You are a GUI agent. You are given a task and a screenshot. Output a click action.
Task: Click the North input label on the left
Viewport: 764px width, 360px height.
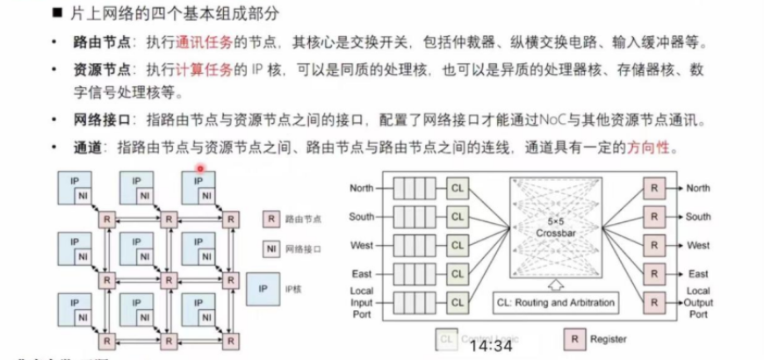pyautogui.click(x=361, y=187)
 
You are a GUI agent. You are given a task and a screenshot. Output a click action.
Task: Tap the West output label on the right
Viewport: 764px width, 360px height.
pyautogui.click(x=698, y=245)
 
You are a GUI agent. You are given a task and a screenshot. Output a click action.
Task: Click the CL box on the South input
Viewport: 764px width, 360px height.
pyautogui.click(x=456, y=216)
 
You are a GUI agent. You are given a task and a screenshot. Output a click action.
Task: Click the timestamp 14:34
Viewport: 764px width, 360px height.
pyautogui.click(x=490, y=346)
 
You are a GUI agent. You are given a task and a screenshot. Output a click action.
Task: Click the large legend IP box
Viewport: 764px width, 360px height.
pyautogui.click(x=262, y=287)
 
